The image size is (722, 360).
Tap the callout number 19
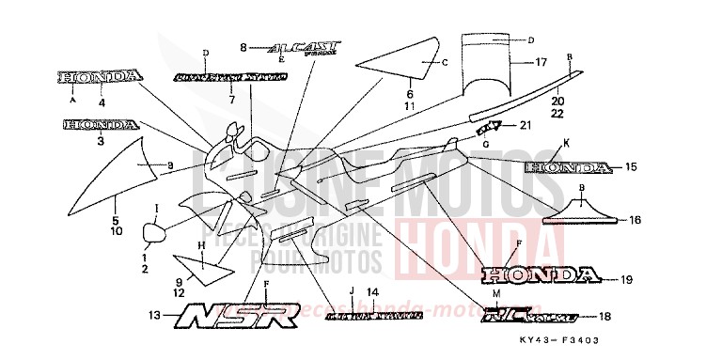point(627,279)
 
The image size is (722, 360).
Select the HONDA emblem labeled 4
point(101,75)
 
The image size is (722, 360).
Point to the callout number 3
point(100,142)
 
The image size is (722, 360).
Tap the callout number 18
point(604,318)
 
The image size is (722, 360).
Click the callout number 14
point(372,292)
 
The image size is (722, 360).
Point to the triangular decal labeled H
point(204,267)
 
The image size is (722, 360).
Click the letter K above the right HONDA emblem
point(567,142)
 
